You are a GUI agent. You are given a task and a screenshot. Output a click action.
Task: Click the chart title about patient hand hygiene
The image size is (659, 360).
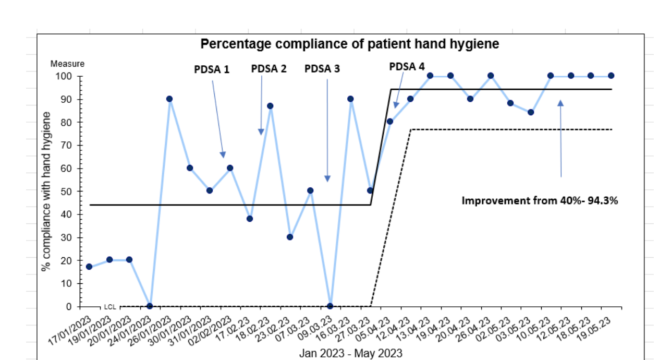pyautogui.click(x=350, y=44)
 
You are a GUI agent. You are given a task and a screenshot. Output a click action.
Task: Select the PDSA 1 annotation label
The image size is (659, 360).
pyautogui.click(x=212, y=69)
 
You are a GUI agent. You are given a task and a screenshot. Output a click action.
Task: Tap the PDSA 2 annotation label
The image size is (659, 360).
pyautogui.click(x=269, y=69)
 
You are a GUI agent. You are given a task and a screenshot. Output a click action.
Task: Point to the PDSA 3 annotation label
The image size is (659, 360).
pyautogui.click(x=322, y=69)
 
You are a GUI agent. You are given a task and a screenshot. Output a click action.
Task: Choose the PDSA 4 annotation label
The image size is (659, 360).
pyautogui.click(x=407, y=67)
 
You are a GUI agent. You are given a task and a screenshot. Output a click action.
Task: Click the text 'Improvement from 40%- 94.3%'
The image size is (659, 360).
pyautogui.click(x=540, y=200)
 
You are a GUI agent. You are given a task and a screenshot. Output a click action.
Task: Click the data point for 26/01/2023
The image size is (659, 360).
pyautogui.click(x=169, y=99)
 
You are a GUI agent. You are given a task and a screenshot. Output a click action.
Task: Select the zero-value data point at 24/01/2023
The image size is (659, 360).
pyautogui.click(x=150, y=306)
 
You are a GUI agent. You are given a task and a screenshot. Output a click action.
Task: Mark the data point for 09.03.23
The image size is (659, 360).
pyautogui.click(x=330, y=306)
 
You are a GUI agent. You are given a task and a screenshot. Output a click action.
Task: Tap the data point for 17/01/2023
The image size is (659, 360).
pyautogui.click(x=89, y=267)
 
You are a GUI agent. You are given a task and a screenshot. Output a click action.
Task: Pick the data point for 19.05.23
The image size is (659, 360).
pyautogui.click(x=611, y=76)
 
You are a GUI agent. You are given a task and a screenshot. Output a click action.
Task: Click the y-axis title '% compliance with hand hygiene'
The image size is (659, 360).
pyautogui.click(x=46, y=191)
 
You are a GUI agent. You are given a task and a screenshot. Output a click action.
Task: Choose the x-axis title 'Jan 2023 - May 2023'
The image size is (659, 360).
pyautogui.click(x=350, y=353)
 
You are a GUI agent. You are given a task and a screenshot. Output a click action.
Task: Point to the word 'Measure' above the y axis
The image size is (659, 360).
pyautogui.click(x=67, y=64)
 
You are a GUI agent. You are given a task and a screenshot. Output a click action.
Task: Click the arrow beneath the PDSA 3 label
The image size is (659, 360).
pyautogui.click(x=327, y=130)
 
